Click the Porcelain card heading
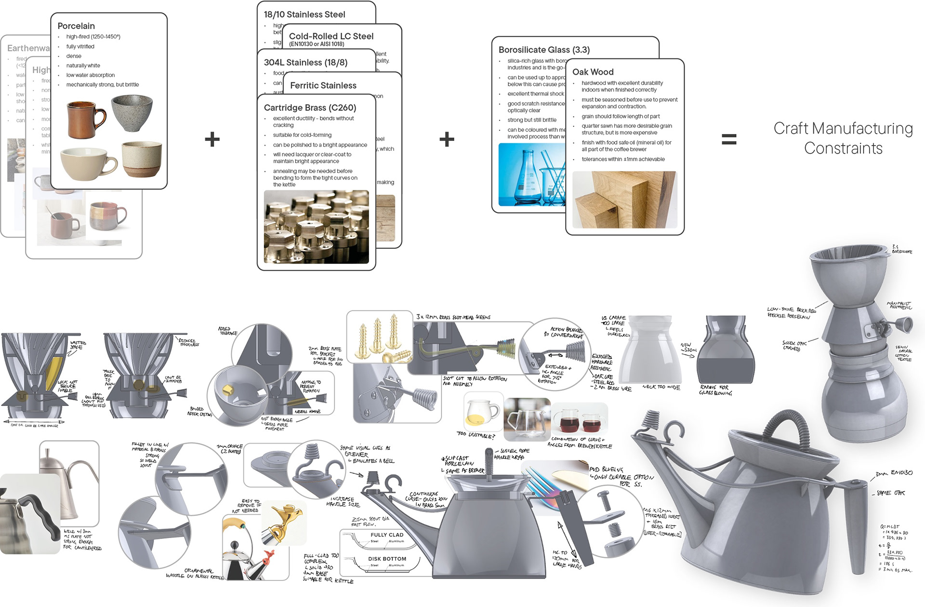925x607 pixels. [76, 26]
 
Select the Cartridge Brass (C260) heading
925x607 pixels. [310, 108]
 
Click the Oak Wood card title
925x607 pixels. [593, 72]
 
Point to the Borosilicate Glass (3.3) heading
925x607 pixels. [544, 50]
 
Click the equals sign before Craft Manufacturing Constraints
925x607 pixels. [728, 140]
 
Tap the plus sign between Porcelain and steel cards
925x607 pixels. [212, 140]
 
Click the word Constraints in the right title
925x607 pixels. [843, 148]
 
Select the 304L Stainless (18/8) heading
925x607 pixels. [305, 63]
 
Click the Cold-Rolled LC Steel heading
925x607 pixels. [331, 36]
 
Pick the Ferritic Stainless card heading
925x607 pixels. [323, 85]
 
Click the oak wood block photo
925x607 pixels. [624, 200]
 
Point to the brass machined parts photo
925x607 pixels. [316, 227]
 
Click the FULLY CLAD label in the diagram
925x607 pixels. [387, 535]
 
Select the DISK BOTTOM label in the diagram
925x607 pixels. [387, 559]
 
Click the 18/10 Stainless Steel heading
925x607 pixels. [304, 14]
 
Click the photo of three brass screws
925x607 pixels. [380, 337]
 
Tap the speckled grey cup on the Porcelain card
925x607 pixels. [132, 112]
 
